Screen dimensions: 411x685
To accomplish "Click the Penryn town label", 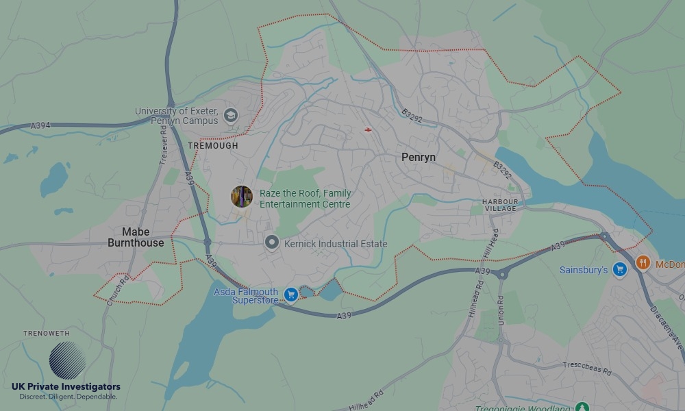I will coord(418,158).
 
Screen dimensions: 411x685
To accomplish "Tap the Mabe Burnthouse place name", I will coord(136,237).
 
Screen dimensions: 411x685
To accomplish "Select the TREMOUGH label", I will coord(213,146).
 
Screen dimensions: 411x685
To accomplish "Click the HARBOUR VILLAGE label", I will coord(499,205).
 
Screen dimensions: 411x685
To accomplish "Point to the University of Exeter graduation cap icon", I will coord(231,115).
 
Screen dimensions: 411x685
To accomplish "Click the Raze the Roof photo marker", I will coord(242,197).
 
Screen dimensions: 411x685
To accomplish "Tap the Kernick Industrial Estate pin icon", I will coord(272,243).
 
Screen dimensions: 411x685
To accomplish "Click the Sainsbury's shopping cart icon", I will coord(620,269).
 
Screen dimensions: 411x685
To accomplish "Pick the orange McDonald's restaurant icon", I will coord(643,262).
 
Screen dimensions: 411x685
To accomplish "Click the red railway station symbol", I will coord(368,129).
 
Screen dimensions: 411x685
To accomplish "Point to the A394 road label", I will coord(40,126).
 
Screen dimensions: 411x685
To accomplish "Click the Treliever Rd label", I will coord(164,148).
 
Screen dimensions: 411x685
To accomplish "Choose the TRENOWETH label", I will coord(47,334).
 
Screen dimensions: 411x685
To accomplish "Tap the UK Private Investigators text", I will coord(66,387).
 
